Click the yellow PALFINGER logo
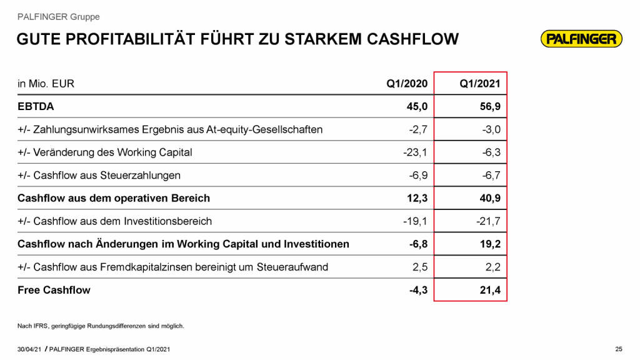tap(581, 39)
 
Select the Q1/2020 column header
tap(407, 84)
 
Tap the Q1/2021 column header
tap(479, 84)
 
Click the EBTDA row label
tap(36, 107)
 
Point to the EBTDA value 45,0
tap(417, 107)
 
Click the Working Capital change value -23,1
tap(415, 152)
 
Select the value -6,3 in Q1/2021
tap(490, 152)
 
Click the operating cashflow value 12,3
tap(417, 198)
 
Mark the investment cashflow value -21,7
tap(487, 221)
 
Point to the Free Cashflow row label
tap(54, 290)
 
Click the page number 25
tap(619, 348)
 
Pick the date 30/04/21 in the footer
tap(29, 348)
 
